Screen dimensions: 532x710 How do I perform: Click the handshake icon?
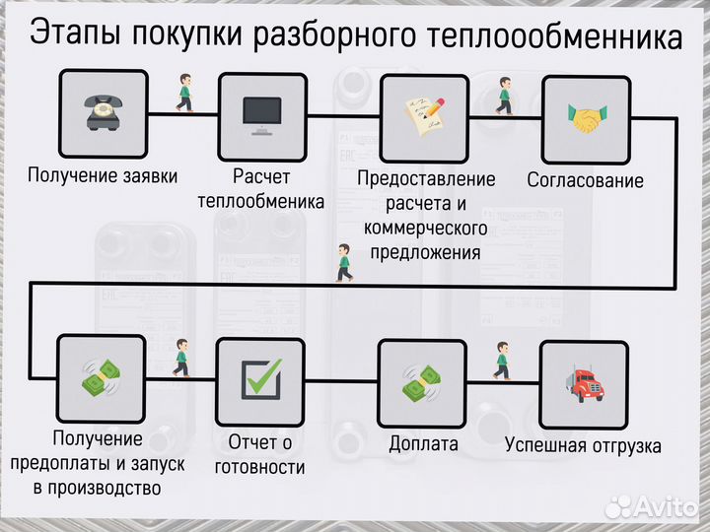pyautogui.click(x=586, y=118)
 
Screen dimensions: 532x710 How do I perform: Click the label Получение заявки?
pyautogui.click(x=103, y=176)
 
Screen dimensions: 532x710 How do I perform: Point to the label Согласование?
pyautogui.click(x=585, y=180)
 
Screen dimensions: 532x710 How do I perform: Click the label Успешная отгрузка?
pyautogui.click(x=583, y=445)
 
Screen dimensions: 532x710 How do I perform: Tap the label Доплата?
pyautogui.click(x=423, y=443)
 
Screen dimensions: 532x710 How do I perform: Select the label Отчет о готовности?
pyautogui.click(x=260, y=455)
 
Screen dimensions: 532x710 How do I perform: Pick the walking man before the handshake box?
pyautogui.click(x=505, y=95)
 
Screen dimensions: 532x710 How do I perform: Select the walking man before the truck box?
pyautogui.click(x=502, y=361)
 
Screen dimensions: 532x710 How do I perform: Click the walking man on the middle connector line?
pyautogui.click(x=343, y=262)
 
